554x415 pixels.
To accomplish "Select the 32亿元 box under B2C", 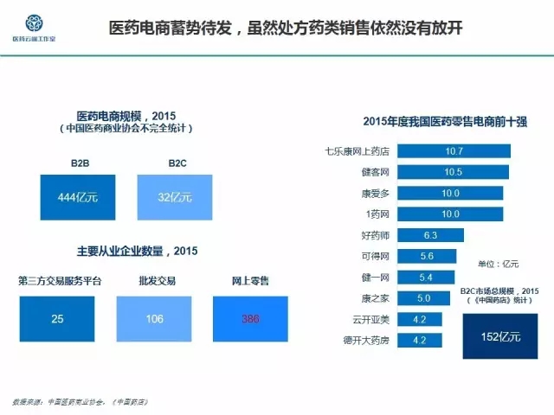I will pyautogui.click(x=175, y=198).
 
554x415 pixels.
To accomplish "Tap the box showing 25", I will pyautogui.click(x=57, y=319).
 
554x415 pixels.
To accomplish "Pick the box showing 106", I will pyautogui.click(x=154, y=319).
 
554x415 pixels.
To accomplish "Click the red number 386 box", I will pyautogui.click(x=250, y=319).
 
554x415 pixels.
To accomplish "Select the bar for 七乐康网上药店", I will pyautogui.click(x=454, y=151).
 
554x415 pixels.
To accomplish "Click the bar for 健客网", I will pyautogui.click(x=454, y=172).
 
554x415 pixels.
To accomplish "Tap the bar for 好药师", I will pyautogui.click(x=431, y=235).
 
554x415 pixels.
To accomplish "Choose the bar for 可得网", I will pyautogui.click(x=427, y=256).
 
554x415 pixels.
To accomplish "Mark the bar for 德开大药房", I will pyautogui.click(x=420, y=340).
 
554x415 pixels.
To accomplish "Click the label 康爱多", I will pyautogui.click(x=376, y=193).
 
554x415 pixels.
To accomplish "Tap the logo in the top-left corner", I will pyautogui.click(x=32, y=24).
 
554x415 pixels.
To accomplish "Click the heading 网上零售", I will pyautogui.click(x=250, y=281).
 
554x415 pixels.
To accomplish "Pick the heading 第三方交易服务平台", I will pyautogui.click(x=59, y=281).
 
